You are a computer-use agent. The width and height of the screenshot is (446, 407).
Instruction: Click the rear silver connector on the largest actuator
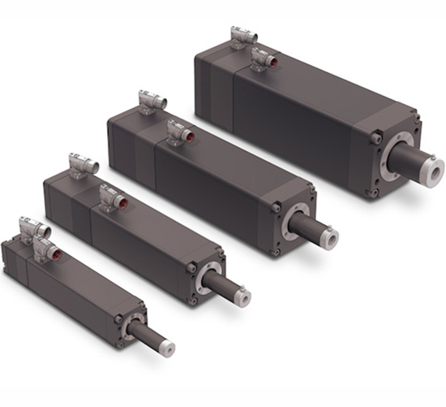[242, 37]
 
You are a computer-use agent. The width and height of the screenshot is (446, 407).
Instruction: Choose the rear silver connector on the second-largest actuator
[152, 101]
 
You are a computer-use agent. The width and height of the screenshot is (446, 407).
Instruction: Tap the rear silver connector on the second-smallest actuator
[83, 165]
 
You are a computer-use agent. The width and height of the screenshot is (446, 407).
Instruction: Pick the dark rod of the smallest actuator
[145, 336]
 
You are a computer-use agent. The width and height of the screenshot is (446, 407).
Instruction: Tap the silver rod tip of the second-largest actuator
[328, 237]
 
